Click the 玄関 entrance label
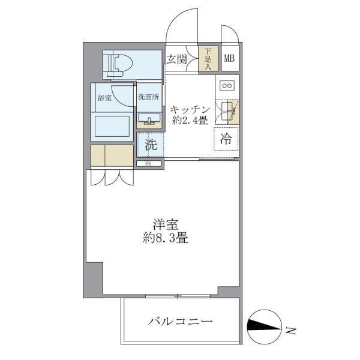176,59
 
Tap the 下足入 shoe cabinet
208,59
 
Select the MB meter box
229,59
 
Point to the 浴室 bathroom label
104,98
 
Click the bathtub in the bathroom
112,127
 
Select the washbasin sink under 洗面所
148,118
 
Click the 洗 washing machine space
151,145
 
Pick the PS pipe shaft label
147,163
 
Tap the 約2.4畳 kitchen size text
190,121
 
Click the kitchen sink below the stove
227,110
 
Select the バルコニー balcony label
181,322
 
